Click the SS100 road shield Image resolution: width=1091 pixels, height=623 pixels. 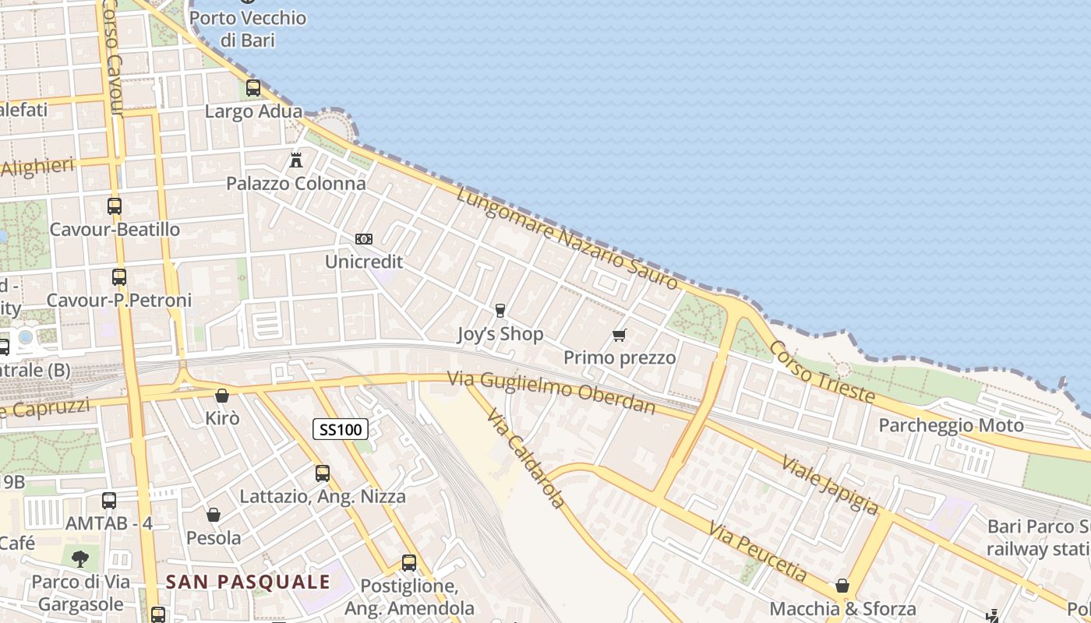[x=341, y=429]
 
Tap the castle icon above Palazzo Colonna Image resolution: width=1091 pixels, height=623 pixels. [x=296, y=160]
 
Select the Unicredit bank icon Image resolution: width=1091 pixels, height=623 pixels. [x=363, y=239]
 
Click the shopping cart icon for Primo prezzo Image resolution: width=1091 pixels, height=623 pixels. [x=620, y=336]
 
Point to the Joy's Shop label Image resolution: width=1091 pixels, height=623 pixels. [x=500, y=334]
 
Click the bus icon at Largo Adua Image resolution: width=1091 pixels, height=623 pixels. [x=253, y=88]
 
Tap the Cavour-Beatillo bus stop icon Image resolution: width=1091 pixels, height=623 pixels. [x=115, y=206]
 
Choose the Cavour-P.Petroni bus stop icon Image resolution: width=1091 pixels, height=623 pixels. [x=118, y=277]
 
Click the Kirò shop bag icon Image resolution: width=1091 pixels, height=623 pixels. [x=222, y=396]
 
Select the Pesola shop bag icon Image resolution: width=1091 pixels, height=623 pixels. [x=214, y=515]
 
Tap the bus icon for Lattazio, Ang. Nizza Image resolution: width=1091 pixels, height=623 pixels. [x=323, y=473]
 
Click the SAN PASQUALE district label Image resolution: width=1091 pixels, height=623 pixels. [x=249, y=582]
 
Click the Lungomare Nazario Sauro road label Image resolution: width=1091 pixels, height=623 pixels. [x=567, y=239]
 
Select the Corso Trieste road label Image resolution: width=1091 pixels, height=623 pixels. [x=822, y=372]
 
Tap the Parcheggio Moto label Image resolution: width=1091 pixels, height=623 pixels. [x=951, y=425]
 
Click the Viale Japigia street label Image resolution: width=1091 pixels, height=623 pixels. [x=830, y=484]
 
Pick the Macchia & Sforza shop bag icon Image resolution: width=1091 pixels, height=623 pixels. [x=842, y=586]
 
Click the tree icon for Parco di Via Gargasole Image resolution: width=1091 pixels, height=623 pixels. [x=79, y=558]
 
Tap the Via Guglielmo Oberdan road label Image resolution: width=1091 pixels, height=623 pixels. [x=552, y=392]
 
